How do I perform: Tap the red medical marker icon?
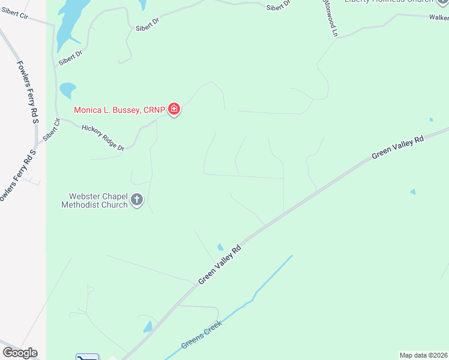[174, 109]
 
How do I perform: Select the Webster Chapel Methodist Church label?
[95, 200]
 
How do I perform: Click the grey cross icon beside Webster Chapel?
[137, 200]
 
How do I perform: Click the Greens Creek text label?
[202, 335]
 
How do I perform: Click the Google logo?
[20, 353]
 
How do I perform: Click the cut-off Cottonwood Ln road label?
[330, 18]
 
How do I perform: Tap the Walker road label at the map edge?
[439, 18]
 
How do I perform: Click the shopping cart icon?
[87, 358]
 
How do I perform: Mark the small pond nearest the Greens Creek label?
[148, 327]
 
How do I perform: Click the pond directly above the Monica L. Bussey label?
[67, 90]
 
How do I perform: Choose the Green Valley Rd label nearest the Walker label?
[397, 147]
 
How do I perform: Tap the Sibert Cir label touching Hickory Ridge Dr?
[52, 130]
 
